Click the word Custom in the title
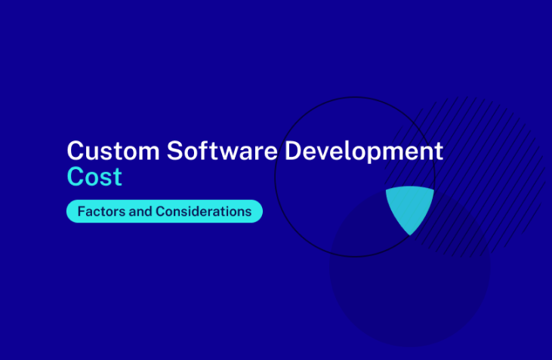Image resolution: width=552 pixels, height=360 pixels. pyautogui.click(x=113, y=151)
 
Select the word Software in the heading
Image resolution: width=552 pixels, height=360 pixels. pyautogui.click(x=222, y=150)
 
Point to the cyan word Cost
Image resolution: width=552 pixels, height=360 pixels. pyautogui.click(x=94, y=177)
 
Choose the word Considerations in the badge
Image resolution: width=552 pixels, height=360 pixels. pyautogui.click(x=203, y=211)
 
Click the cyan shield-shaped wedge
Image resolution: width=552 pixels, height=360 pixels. pyautogui.click(x=410, y=207)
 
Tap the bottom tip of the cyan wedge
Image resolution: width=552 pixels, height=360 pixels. pyautogui.click(x=410, y=235)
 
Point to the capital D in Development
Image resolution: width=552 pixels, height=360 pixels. pyautogui.click(x=293, y=151)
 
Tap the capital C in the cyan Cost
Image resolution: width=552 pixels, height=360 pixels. pyautogui.click(x=75, y=177)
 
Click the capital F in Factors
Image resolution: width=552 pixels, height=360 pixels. pyautogui.click(x=82, y=211)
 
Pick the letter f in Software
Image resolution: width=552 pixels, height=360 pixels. pyautogui.click(x=203, y=150)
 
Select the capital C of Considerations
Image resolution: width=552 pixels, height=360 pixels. pyautogui.click(x=160, y=211)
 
